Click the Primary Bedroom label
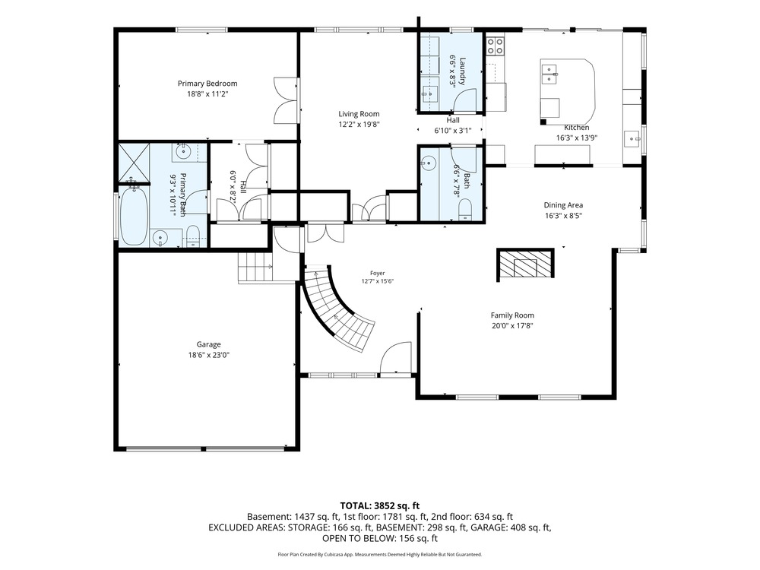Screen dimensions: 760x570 [207, 84]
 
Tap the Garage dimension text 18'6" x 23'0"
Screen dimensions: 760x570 [208, 355]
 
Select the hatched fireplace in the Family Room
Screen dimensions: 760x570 [525, 264]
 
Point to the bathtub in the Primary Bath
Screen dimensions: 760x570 [133, 216]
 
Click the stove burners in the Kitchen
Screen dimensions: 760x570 [495, 46]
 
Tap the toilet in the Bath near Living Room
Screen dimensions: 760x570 [465, 210]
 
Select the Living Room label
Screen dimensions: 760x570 [359, 114]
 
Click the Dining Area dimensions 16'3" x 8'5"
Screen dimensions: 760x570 [563, 216]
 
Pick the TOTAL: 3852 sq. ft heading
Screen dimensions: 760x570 [379, 506]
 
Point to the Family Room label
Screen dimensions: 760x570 [512, 315]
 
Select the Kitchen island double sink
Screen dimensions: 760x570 [549, 74]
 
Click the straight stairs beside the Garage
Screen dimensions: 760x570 [255, 267]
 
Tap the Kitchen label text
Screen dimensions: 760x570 [576, 128]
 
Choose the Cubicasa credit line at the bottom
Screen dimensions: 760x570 [379, 555]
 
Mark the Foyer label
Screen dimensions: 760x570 [377, 274]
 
